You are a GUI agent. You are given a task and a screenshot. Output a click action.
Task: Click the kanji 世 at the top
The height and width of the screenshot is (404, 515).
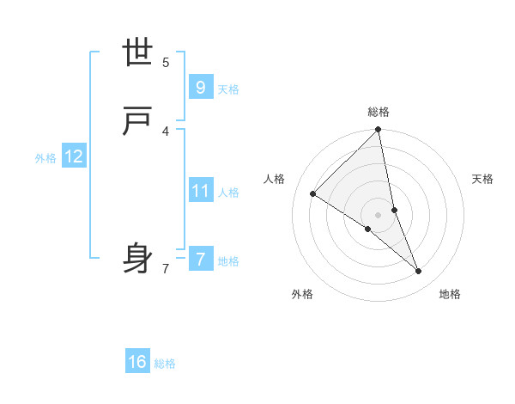pos(138,53)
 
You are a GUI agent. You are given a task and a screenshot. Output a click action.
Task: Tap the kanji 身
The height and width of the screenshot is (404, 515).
pos(138,259)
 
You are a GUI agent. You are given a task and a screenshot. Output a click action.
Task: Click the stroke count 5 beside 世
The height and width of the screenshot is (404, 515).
pos(166,62)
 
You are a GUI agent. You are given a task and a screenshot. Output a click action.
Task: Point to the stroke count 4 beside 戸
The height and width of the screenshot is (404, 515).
pos(166,131)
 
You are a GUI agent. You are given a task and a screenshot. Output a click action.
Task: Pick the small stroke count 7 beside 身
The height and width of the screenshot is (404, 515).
pos(166,268)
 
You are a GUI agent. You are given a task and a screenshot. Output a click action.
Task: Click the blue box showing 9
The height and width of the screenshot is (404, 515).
pos(200,87)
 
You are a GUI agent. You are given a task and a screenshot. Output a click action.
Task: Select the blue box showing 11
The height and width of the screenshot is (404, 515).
pos(200,190)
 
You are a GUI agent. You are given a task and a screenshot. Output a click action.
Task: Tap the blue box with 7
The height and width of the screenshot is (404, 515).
pos(200,259)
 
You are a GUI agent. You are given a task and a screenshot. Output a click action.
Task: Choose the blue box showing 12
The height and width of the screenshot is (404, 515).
pos(74,156)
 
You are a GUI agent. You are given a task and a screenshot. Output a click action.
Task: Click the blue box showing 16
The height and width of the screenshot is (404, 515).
pos(137,362)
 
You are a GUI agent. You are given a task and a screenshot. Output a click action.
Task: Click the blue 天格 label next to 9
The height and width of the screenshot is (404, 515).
pos(228,89)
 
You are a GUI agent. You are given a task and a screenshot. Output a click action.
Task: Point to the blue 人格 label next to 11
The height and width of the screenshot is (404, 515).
pos(228,193)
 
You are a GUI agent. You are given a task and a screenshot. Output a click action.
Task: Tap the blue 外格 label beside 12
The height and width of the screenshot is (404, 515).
pos(45,158)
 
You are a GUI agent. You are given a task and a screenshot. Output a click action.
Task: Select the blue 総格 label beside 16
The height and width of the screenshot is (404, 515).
pos(165,364)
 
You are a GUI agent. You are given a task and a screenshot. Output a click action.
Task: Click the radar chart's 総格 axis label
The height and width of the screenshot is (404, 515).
pos(379,112)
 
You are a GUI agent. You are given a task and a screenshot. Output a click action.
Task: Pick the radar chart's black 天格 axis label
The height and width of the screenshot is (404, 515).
pos(483,179)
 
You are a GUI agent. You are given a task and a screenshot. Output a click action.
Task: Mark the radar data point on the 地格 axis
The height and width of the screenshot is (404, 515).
pos(419,272)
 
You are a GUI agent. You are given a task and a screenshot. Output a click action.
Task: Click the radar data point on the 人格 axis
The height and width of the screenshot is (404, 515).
pos(313,193)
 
